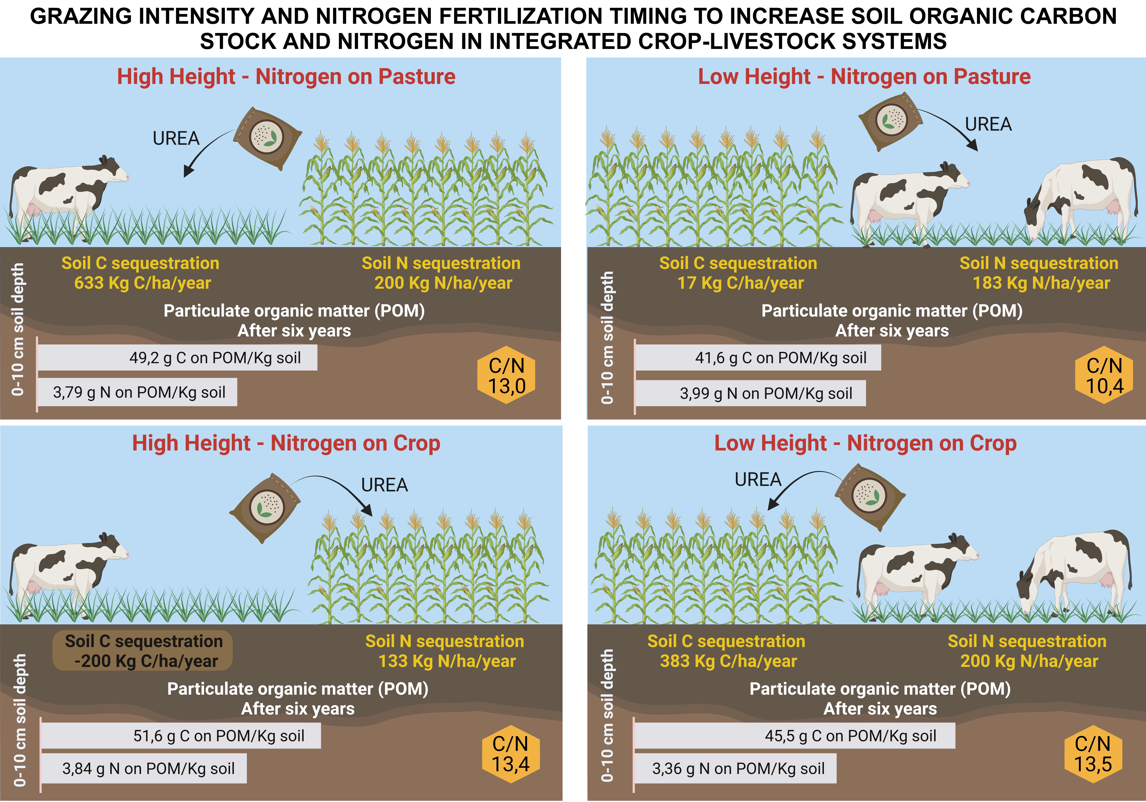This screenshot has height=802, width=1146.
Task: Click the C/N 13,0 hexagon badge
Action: click(506, 375)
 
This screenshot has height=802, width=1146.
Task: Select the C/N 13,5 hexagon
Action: click(1093, 754)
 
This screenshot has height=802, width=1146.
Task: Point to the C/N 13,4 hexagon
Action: click(511, 754)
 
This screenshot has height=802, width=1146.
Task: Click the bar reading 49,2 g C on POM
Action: click(177, 358)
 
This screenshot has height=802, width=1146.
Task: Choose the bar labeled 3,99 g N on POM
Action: click(750, 393)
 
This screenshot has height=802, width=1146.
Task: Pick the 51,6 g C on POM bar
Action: click(181, 736)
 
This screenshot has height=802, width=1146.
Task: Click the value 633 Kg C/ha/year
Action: click(143, 283)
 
